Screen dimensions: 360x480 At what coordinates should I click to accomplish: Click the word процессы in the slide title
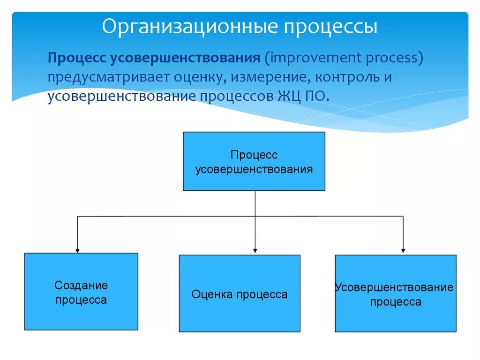coord(330,27)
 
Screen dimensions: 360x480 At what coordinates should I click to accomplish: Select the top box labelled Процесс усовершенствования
coord(254,161)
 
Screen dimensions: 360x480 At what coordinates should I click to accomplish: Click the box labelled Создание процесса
coord(81,292)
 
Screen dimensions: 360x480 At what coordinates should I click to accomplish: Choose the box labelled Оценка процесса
coord(239,293)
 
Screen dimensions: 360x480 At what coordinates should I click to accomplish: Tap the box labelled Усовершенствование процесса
coord(395,293)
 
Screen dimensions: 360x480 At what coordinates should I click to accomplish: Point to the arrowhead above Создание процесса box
coord(77,250)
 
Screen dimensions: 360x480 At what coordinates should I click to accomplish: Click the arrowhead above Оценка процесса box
coord(255,250)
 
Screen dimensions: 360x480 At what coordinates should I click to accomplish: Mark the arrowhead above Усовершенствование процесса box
coord(403,250)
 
